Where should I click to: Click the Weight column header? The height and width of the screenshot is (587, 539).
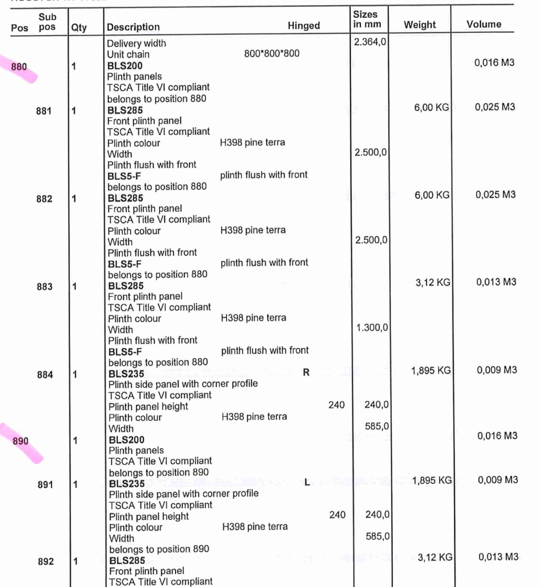click(x=420, y=25)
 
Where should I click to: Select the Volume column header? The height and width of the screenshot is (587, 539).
click(x=484, y=25)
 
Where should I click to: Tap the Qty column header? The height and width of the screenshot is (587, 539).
click(x=79, y=28)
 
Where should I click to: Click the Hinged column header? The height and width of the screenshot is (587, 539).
click(x=303, y=26)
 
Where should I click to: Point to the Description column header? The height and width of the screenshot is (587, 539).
click(x=133, y=27)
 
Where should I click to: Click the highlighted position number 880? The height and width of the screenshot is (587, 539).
click(x=19, y=67)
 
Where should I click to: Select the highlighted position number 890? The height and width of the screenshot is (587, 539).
click(x=21, y=441)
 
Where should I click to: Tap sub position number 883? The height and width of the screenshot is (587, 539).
click(x=45, y=287)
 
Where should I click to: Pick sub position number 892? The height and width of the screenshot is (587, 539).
click(x=46, y=562)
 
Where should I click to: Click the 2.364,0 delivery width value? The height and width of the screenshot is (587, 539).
click(x=370, y=42)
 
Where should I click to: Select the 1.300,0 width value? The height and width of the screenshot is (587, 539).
click(x=372, y=328)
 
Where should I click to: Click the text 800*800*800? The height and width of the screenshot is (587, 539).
click(x=271, y=53)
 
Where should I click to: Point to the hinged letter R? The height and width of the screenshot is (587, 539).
click(x=306, y=372)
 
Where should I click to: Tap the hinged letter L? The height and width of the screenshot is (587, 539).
click(x=307, y=482)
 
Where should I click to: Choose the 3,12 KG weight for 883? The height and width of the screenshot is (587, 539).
click(x=433, y=282)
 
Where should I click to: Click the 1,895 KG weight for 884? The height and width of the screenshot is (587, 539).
click(x=431, y=370)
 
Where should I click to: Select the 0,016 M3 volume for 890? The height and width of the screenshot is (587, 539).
click(x=497, y=436)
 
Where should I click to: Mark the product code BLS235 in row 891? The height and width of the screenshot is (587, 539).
click(x=127, y=484)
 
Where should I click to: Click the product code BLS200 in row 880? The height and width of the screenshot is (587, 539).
click(x=125, y=66)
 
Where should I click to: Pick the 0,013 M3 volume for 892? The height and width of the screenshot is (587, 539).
click(x=498, y=557)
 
